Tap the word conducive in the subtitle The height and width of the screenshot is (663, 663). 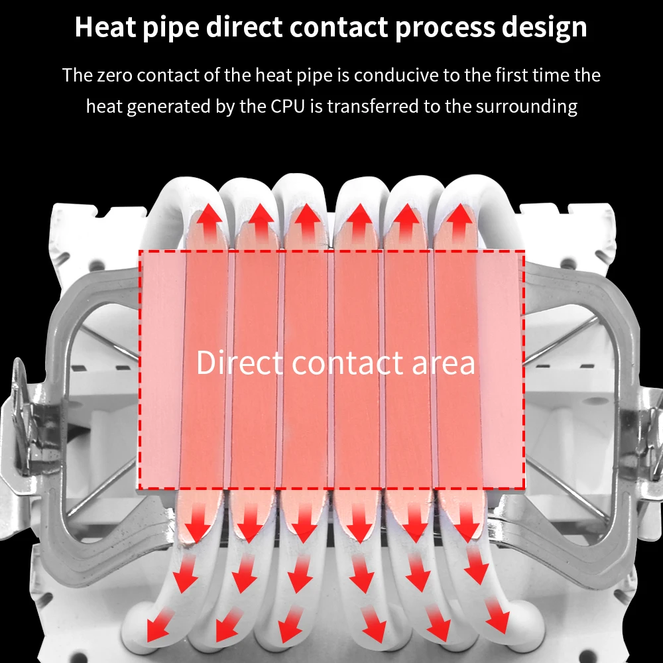pos(396,75)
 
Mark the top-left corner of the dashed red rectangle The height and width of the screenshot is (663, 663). pos(139,252)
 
